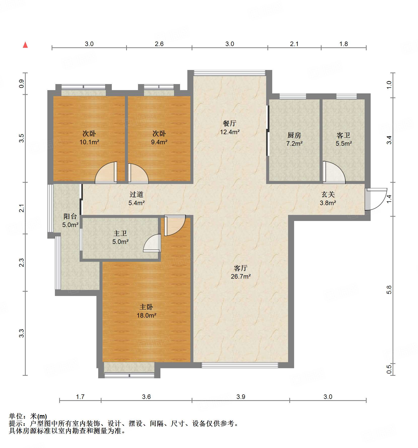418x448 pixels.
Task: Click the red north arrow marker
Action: pyautogui.click(x=25, y=45)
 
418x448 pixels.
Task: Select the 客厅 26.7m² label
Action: pyautogui.click(x=241, y=272)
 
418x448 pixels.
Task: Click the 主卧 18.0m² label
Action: pyautogui.click(x=147, y=311)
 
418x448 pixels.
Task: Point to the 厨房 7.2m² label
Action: pyautogui.click(x=294, y=139)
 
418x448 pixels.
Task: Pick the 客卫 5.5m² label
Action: pyautogui.click(x=343, y=139)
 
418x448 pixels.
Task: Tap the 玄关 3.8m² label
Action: pyautogui.click(x=328, y=199)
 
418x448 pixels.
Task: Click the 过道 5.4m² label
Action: pyautogui.click(x=136, y=199)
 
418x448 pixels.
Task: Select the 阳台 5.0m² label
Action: pyautogui.click(x=70, y=220)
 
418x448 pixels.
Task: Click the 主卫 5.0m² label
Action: pyautogui.click(x=120, y=238)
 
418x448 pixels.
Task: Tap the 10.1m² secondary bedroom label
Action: pyautogui.click(x=89, y=138)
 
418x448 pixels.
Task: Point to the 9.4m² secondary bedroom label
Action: pyautogui.click(x=159, y=138)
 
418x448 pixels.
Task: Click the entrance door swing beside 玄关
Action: pyautogui.click(x=376, y=199)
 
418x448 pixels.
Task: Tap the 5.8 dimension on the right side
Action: pyautogui.click(x=389, y=290)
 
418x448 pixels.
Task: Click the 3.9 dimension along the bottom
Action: pyautogui.click(x=241, y=397)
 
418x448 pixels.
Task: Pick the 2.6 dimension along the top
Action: pyautogui.click(x=159, y=44)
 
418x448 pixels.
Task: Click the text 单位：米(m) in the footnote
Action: pyautogui.click(x=28, y=416)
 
